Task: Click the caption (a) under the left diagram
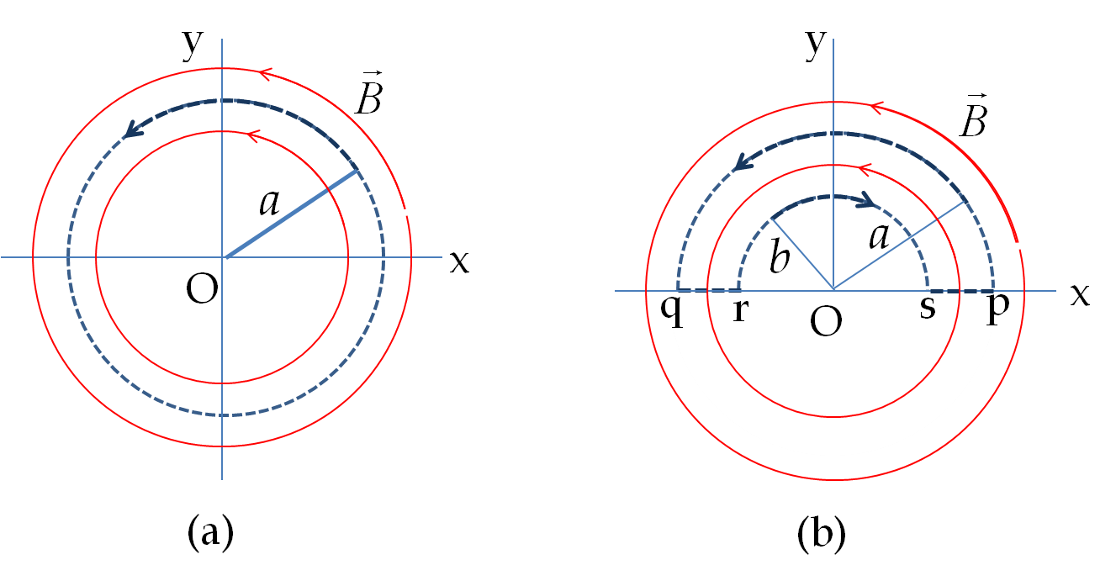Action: click(210, 533)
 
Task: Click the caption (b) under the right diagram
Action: click(822, 533)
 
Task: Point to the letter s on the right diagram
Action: click(927, 308)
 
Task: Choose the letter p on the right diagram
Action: click(998, 310)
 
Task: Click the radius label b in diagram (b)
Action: click(780, 256)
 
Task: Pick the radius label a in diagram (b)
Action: click(879, 236)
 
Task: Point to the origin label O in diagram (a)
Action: click(202, 289)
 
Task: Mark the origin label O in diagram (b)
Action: click(826, 322)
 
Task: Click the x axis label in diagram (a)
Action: click(459, 262)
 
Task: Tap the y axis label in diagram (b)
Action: click(816, 45)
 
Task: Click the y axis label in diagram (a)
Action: click(193, 45)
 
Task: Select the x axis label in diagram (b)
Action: click(1080, 295)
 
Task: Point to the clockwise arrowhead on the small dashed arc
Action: click(866, 200)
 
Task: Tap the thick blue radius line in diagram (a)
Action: click(292, 214)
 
